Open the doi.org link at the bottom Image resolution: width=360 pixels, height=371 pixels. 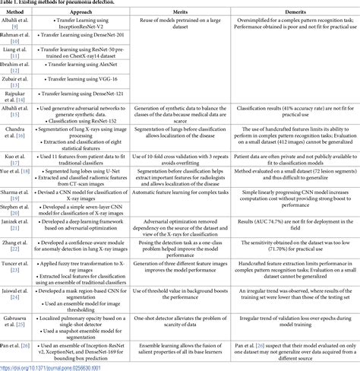coord(53,366)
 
